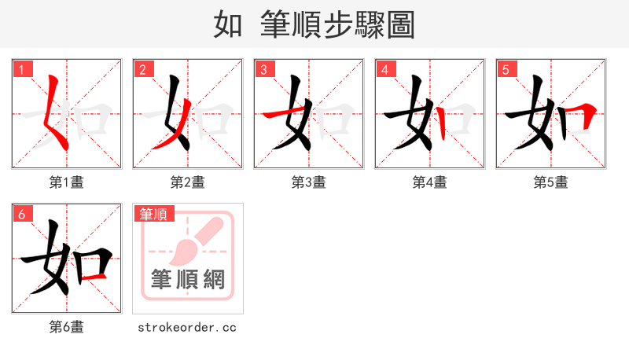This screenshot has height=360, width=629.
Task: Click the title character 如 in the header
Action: pyautogui.click(x=227, y=24)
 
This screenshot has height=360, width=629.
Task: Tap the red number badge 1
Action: pyautogui.click(x=22, y=70)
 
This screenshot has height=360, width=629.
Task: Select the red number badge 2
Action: pyautogui.click(x=143, y=70)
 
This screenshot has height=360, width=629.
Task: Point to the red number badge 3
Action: pyautogui.click(x=264, y=70)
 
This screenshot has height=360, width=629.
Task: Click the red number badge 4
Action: pyautogui.click(x=385, y=70)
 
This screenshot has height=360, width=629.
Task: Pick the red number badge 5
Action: pyautogui.click(x=506, y=70)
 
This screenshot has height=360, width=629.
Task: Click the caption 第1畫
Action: pyautogui.click(x=67, y=182)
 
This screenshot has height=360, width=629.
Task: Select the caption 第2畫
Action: pyautogui.click(x=188, y=182)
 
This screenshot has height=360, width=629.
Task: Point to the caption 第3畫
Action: pyautogui.click(x=309, y=182)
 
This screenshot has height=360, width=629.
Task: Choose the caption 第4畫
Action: pyautogui.click(x=430, y=182)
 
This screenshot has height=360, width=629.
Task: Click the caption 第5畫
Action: pyautogui.click(x=551, y=182)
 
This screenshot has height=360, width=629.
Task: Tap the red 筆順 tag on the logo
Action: pyautogui.click(x=154, y=214)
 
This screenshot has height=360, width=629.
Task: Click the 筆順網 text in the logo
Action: pyautogui.click(x=188, y=279)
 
